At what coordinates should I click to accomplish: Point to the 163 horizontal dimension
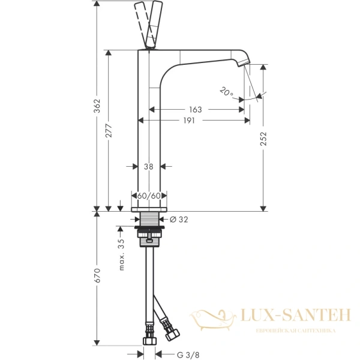(195, 110)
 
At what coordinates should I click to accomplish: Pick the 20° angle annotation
(226, 92)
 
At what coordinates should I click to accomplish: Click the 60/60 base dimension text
(148, 196)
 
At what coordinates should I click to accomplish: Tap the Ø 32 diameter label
(179, 220)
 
